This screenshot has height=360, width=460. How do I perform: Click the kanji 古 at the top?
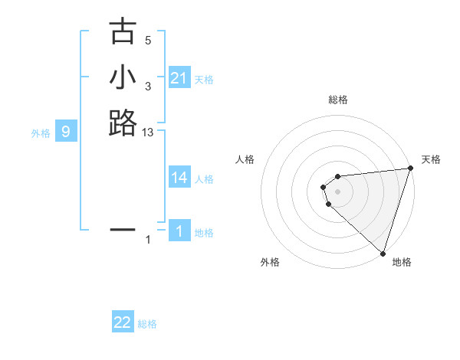[x=123, y=32]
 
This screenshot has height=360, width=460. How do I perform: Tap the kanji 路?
[x=123, y=123]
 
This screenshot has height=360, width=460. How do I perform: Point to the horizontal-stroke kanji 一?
[x=123, y=228]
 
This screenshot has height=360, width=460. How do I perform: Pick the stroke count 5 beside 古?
[x=148, y=41]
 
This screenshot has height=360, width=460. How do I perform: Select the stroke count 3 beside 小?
[x=148, y=87]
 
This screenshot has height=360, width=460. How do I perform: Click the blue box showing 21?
[x=179, y=78]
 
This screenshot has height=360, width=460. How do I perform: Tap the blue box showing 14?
[x=179, y=178]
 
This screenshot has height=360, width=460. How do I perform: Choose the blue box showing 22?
[x=123, y=322]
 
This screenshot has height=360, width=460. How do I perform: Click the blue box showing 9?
[x=66, y=132]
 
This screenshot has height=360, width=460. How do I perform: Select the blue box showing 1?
[x=179, y=231]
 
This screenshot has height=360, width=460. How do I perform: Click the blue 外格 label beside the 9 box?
[x=41, y=133]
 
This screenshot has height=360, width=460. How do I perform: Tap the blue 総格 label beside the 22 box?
[x=147, y=324]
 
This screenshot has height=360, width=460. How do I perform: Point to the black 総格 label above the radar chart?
[x=338, y=100]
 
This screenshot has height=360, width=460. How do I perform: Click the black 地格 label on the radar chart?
[x=402, y=262]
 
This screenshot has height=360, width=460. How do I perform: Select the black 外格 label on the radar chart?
[x=270, y=262]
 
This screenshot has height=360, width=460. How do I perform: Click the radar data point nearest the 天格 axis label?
[x=410, y=169]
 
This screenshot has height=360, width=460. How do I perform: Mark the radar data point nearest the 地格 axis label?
[x=383, y=253]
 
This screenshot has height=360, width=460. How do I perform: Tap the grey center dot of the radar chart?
[x=338, y=191]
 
